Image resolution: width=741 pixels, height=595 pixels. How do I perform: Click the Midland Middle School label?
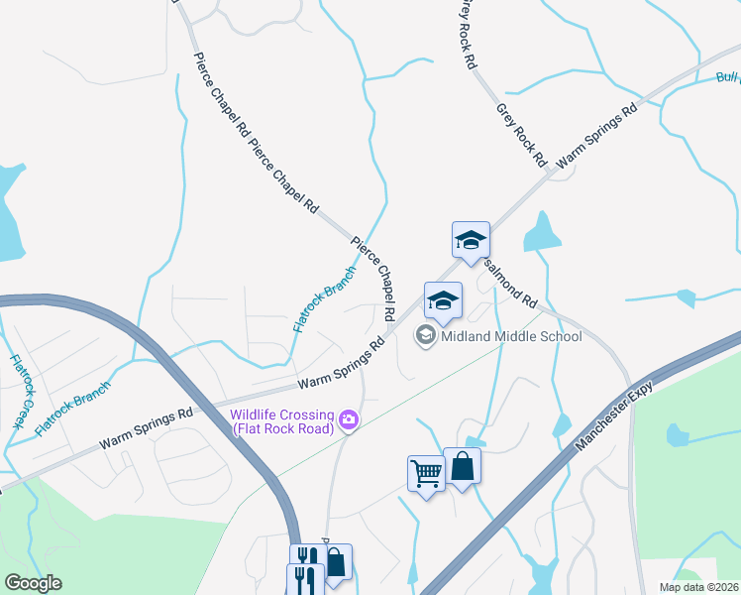point(511,335)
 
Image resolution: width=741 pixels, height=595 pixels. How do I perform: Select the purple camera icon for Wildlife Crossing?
point(348,420)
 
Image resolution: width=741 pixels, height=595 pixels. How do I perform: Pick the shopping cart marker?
point(426,473)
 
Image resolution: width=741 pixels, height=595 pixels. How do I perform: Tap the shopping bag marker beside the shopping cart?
point(462,465)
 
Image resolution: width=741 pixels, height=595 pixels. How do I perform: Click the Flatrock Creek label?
point(18,391)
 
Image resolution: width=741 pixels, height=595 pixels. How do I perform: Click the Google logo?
point(33,583)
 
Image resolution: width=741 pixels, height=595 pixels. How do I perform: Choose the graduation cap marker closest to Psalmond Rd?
point(472,240)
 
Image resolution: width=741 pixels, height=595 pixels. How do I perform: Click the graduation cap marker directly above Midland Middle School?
point(443,300)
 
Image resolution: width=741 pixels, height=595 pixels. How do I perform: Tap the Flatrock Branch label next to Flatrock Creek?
point(72,409)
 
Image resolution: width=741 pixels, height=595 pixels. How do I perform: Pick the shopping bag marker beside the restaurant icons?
point(335,562)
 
